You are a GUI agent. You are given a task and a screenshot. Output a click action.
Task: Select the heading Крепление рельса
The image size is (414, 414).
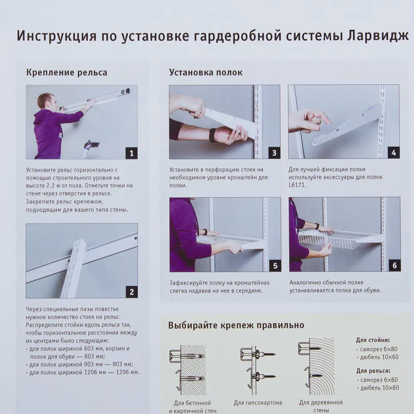67,72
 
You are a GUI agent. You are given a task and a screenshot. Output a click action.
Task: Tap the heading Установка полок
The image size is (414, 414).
206,72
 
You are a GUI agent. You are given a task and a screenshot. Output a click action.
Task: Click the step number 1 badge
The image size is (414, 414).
131,154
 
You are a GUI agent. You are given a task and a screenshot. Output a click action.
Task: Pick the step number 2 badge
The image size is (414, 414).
131,292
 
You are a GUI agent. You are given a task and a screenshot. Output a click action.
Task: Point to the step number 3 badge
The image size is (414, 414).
274,153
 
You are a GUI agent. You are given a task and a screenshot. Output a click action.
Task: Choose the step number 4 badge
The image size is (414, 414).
393,153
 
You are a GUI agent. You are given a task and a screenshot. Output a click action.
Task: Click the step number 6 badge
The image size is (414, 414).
394,266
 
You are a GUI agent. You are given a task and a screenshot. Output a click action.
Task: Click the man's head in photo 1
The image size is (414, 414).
45,101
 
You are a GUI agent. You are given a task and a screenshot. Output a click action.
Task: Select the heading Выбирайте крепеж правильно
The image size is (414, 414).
236,325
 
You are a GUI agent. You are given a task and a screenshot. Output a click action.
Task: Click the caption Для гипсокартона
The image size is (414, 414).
258,402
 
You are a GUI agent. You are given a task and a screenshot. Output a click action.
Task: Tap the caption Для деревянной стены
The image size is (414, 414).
321,406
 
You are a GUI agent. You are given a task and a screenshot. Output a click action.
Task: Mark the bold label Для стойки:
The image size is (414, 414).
373,340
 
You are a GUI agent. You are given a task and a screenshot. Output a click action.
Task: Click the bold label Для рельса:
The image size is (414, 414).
373,371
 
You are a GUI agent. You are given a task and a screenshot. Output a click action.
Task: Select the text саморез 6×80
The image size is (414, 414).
378,349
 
